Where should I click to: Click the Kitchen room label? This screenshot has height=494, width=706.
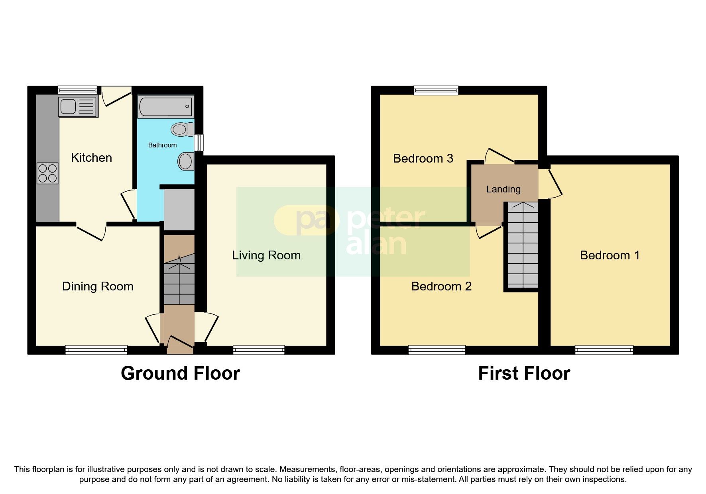pyautogui.click(x=91, y=158)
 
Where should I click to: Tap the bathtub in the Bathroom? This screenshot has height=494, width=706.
pyautogui.click(x=165, y=107)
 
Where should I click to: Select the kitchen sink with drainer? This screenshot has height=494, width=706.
pyautogui.click(x=78, y=106)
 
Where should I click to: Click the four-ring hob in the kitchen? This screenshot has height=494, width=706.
pyautogui.click(x=47, y=174)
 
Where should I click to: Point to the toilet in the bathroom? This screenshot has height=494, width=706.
pyautogui.click(x=182, y=129)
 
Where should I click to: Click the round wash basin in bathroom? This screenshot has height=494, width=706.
pyautogui.click(x=185, y=161)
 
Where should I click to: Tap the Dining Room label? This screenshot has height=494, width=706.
pyautogui.click(x=98, y=286)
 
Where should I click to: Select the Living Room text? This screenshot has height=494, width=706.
pyautogui.click(x=266, y=255)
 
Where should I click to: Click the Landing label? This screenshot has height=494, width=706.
pyautogui.click(x=503, y=189)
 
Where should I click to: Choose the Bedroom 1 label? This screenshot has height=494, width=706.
pyautogui.click(x=610, y=255)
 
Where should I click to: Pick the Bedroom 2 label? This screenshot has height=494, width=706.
pyautogui.click(x=441, y=286)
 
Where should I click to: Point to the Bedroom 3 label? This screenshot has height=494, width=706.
pyautogui.click(x=423, y=159)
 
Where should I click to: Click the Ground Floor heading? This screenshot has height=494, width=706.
pyautogui.click(x=180, y=373)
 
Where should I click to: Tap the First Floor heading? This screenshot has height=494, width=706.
pyautogui.click(x=524, y=373)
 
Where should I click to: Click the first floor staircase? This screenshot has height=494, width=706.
pyautogui.click(x=522, y=245)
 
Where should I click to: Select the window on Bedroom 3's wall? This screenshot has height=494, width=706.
pyautogui.click(x=436, y=90)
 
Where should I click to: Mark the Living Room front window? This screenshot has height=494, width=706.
pyautogui.click(x=259, y=350)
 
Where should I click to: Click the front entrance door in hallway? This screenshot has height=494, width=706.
pyautogui.click(x=180, y=345)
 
